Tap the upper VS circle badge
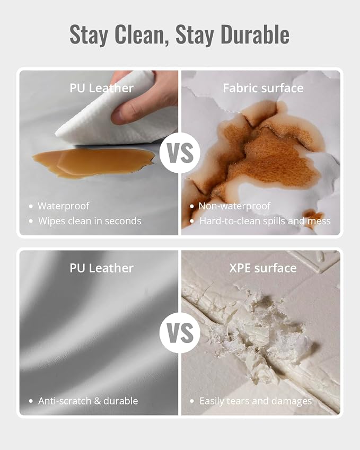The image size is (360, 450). coord(180,153)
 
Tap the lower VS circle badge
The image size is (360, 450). coord(180,333)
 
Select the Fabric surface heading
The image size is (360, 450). coord(263,88)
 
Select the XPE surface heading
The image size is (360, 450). coord(262,268)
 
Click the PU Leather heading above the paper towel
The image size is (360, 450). coord(102,88)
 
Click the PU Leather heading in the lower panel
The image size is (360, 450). coord(102,268)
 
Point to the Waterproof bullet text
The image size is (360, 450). coord(64,206)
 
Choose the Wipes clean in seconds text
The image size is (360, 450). coord(90,221)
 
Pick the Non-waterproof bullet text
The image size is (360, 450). coord(234,206)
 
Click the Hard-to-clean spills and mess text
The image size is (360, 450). coord(265,221)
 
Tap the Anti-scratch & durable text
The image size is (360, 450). coord(88,401)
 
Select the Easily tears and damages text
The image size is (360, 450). coord(256,401)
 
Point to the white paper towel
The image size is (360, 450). coord(115,115)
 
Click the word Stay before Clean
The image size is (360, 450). coord(89,35)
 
